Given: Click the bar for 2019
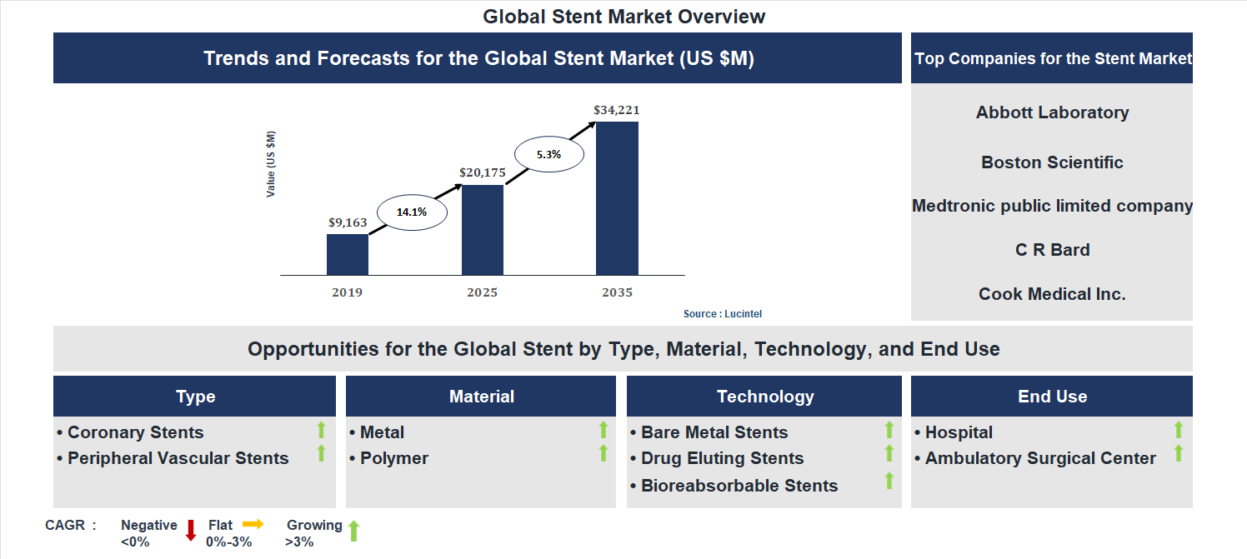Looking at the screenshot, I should (x=348, y=254).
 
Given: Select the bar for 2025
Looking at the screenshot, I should (x=483, y=230).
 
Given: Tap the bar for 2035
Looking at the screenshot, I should (x=617, y=198).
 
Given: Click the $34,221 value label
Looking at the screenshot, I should (x=617, y=110).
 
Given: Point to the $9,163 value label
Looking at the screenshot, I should (x=348, y=222).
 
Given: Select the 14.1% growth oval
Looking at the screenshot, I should (x=412, y=212).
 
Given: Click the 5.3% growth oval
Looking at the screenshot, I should (x=548, y=154).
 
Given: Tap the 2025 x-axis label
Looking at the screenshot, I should (x=483, y=292).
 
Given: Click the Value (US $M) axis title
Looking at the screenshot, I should (x=271, y=164).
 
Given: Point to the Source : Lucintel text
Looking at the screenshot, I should (x=723, y=314).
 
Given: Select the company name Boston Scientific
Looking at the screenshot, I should (x=1052, y=162).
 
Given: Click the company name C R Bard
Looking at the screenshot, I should (x=1052, y=250).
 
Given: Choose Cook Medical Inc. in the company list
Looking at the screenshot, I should (x=1052, y=294).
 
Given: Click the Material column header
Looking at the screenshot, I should (x=481, y=397).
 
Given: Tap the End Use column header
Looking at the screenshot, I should (x=1052, y=397).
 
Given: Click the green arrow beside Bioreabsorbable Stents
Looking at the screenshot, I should (x=889, y=481).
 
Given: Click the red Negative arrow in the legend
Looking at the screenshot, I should (x=191, y=530).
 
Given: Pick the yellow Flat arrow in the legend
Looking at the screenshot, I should (x=253, y=524).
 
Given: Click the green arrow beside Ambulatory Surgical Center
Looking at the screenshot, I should (x=1179, y=453).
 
